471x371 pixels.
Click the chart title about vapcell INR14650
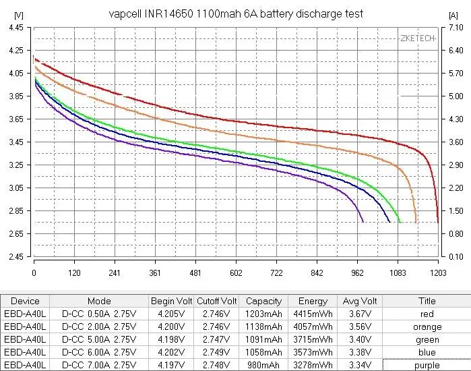click(x=236, y=14)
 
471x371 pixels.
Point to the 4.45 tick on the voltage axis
click(x=14, y=28)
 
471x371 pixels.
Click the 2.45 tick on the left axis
click(x=14, y=257)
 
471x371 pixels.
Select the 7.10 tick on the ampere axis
click(x=455, y=28)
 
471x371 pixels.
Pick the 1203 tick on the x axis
click(x=438, y=273)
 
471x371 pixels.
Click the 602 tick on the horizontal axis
click(x=236, y=273)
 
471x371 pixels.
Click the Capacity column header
click(x=263, y=301)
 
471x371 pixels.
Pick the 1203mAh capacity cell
click(x=263, y=314)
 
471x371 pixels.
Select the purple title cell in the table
click(x=427, y=365)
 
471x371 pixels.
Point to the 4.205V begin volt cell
click(x=172, y=314)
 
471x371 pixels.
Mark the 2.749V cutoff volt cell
click(x=216, y=352)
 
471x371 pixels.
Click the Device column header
click(x=26, y=301)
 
